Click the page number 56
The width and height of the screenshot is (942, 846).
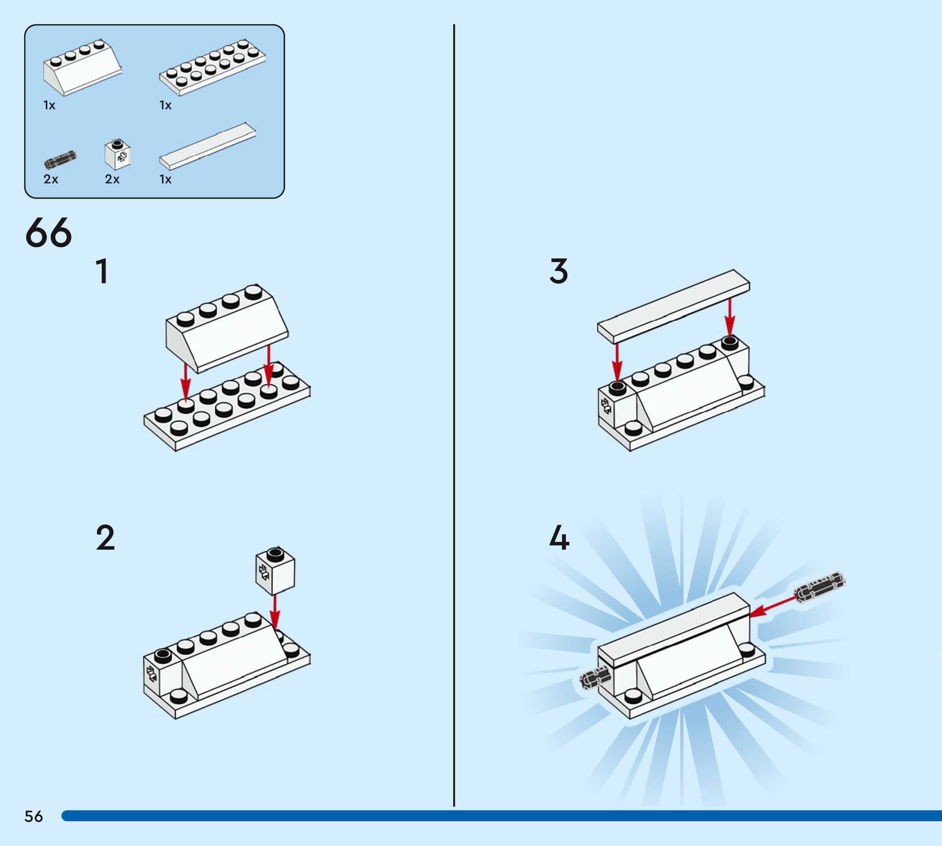point(34,816)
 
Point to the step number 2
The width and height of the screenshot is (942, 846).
point(106,538)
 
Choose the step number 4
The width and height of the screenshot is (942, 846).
point(559,538)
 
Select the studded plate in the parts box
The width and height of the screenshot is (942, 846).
point(212,68)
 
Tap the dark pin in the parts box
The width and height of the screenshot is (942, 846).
point(60,160)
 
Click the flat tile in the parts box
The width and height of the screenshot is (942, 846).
point(207,146)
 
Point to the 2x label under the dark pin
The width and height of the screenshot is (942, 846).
point(51,179)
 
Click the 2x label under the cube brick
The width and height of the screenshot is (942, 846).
point(112,179)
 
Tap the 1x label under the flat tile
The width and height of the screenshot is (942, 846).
point(165,179)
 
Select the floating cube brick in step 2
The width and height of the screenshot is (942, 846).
point(275,571)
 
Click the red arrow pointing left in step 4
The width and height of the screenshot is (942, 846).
point(773,607)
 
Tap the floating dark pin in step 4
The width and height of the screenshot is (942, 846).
point(820,587)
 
